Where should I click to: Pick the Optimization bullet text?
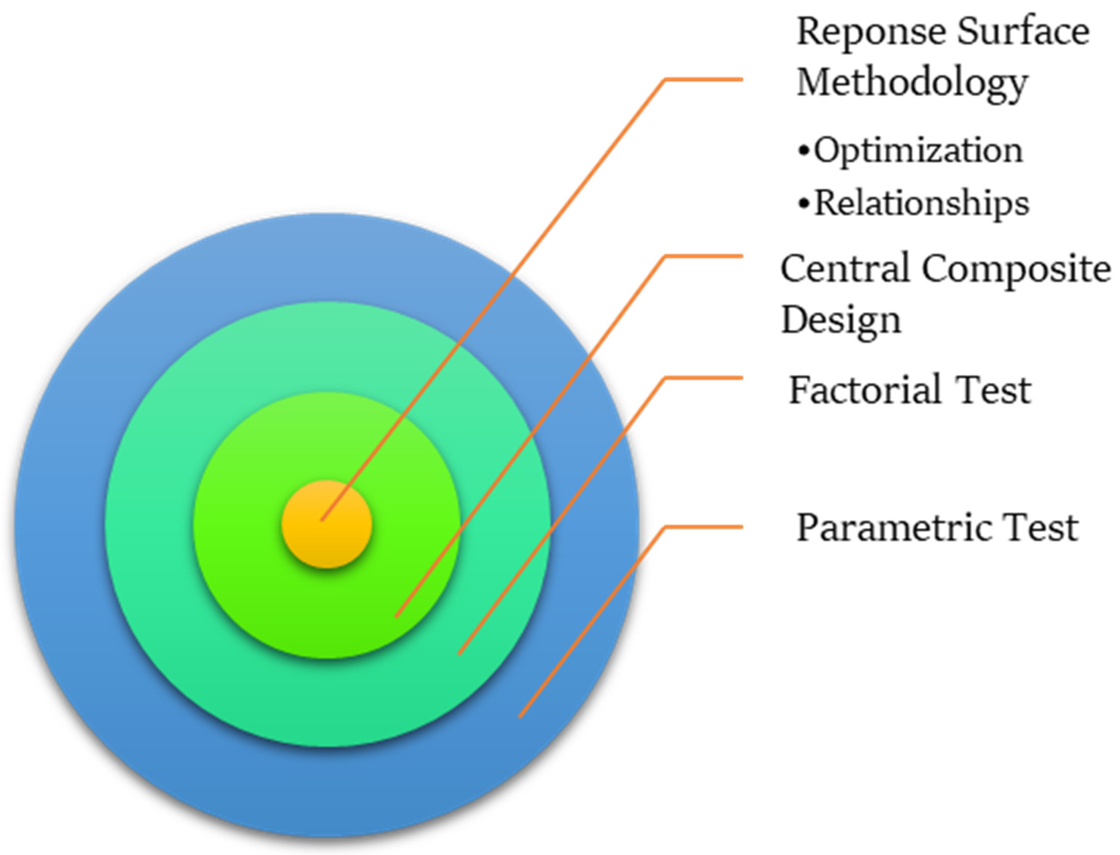[918, 151]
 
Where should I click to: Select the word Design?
[841, 321]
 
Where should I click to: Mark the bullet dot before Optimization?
[803, 151]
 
